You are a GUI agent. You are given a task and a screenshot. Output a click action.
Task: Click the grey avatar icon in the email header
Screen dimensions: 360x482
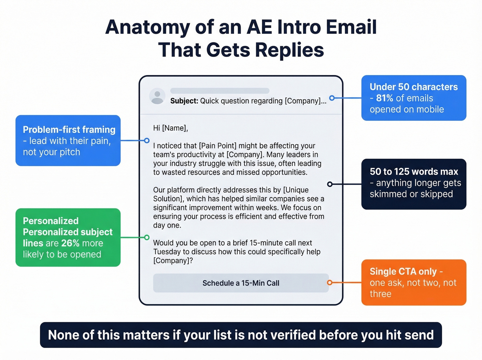(157, 97)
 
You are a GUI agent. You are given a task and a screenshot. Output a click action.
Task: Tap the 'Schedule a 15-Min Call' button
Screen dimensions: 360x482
(241, 283)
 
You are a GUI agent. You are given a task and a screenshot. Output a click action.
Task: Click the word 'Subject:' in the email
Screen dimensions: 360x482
(184, 101)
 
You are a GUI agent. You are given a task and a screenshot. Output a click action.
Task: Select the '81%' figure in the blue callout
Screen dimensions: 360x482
(385, 98)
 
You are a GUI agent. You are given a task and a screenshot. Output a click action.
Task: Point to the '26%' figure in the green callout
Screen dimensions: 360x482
(70, 243)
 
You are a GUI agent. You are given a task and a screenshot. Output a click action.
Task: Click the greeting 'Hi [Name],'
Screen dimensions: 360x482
(170, 128)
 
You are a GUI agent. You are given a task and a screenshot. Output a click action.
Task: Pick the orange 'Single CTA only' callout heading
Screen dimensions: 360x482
(403, 271)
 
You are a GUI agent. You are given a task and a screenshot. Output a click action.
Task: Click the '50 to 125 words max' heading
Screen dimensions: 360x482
(414, 172)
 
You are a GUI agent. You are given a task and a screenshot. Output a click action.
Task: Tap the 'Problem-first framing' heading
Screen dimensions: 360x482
(69, 130)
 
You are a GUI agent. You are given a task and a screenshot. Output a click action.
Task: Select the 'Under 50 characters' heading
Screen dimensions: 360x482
(413, 87)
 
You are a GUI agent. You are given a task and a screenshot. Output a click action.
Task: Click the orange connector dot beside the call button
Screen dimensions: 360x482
(329, 282)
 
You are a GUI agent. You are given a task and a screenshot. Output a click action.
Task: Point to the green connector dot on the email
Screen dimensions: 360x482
(147, 237)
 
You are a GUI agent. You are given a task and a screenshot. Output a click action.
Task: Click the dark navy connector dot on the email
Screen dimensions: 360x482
(329, 184)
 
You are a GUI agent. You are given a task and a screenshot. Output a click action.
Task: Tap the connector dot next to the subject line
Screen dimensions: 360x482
(332, 98)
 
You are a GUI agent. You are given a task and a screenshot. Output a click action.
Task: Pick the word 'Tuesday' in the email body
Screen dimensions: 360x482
(167, 252)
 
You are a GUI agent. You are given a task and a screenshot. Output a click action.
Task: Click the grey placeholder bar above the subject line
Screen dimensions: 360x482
(220, 91)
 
